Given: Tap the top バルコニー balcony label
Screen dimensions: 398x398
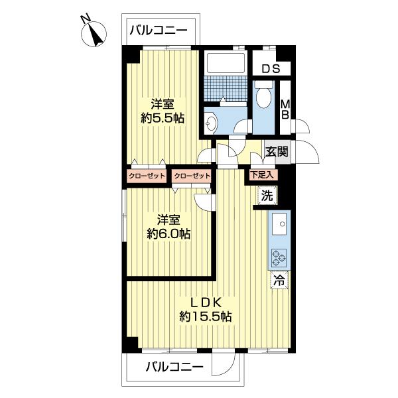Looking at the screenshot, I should coord(159,30).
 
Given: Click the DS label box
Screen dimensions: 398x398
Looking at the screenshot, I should coord(270,68).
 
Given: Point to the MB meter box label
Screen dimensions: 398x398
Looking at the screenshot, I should coord(285,108).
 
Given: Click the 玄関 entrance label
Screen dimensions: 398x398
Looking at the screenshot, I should coord(277,151).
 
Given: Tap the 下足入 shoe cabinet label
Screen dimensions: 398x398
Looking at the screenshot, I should coord(262,175).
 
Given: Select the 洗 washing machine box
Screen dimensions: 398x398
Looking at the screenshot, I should coord(267,196).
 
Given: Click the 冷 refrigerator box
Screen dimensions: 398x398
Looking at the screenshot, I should coord(279,280).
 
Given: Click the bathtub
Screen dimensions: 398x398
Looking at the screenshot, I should coord(227,63).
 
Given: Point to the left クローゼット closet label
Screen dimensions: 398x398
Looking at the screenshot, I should coord(147,176).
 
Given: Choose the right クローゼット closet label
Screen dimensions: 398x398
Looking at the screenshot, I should coord(192,176).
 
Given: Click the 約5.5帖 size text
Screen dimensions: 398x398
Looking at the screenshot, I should coord(163,119).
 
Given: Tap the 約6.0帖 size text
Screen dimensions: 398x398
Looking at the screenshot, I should coord(168,233).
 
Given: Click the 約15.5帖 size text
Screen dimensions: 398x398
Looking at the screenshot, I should coord(205,317).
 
